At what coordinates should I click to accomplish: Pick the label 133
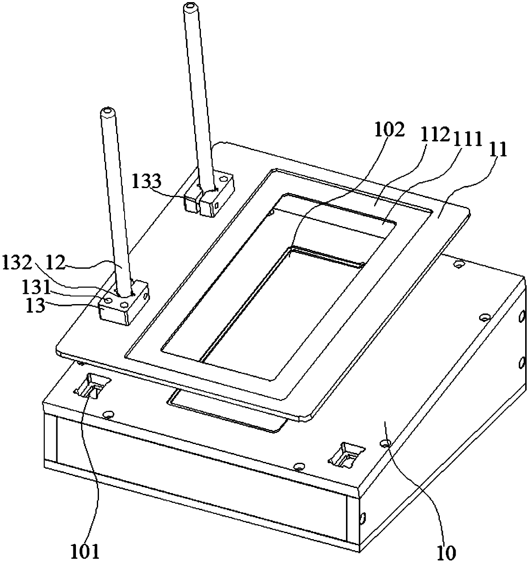[x=146, y=182]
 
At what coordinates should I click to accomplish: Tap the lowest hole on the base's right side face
[x=363, y=518]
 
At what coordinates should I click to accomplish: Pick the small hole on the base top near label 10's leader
[x=386, y=444]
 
